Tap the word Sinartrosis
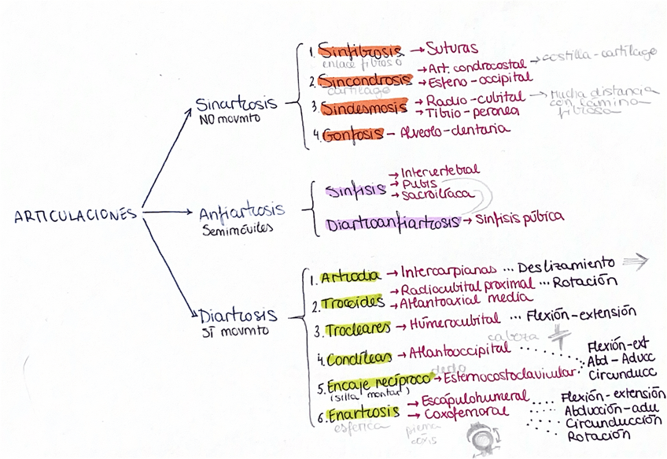tap(236, 105)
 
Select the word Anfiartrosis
tap(241, 213)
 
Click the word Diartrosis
tap(238, 316)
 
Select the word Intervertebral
tap(440, 171)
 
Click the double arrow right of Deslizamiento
tap(636, 261)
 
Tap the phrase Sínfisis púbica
tap(520, 217)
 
